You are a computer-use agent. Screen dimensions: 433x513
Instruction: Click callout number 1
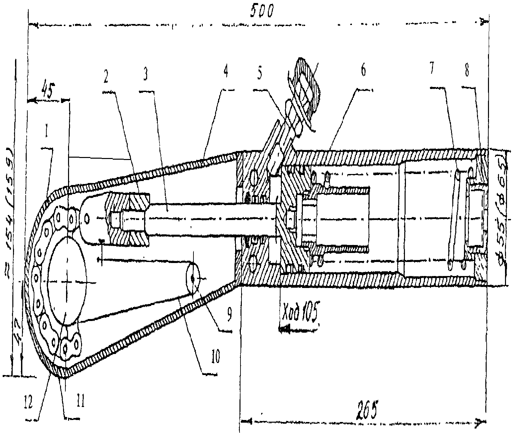coord(47,134)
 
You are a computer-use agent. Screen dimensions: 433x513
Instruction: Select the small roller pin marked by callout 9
coord(193,278)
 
